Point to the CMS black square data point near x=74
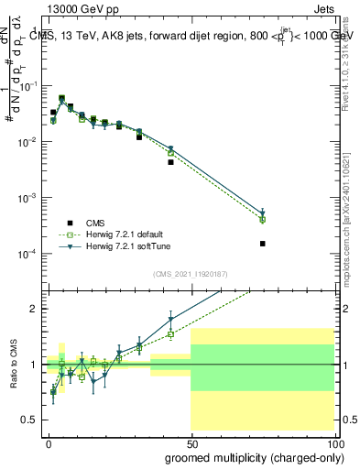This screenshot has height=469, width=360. click(263, 244)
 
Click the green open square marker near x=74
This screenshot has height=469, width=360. click(263, 220)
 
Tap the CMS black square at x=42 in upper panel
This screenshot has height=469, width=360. click(170, 162)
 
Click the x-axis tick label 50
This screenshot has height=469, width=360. click(191, 443)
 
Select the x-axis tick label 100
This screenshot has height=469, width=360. click(335, 443)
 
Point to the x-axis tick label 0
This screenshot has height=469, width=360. click(49, 443)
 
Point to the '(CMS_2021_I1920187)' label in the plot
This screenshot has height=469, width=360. click(191, 274)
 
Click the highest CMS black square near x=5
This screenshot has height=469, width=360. click(61, 98)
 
